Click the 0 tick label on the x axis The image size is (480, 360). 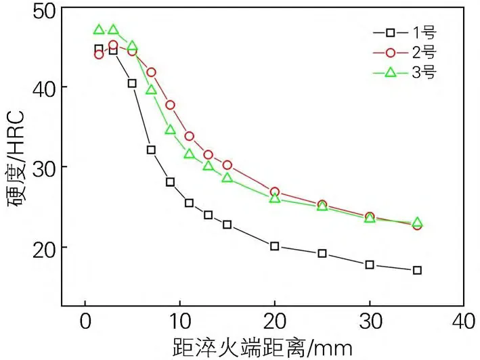[85, 320]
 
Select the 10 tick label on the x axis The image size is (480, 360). [179, 320]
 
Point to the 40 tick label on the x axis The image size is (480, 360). [464, 320]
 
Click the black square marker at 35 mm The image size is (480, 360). [417, 270]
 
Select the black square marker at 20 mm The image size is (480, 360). [275, 246]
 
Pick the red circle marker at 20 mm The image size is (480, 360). [275, 192]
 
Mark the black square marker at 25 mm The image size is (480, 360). [322, 253]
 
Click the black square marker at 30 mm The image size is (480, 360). [370, 265]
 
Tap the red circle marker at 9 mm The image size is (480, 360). [171, 105]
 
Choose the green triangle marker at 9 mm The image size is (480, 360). [171, 129]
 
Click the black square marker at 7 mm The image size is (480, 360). [152, 150]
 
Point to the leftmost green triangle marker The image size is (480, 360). [99, 30]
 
